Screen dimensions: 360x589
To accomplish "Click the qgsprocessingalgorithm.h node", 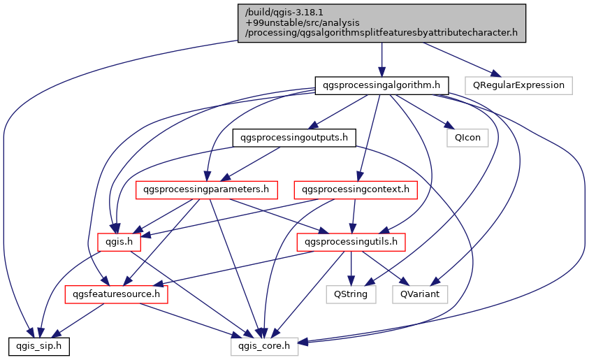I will click(x=381, y=85).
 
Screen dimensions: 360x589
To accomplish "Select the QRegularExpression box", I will click(x=519, y=85).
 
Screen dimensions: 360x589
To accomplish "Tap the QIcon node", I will click(x=467, y=138).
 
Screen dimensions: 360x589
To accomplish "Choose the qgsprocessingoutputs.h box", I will click(x=293, y=138).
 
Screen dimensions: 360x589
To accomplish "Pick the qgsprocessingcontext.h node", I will click(x=356, y=189).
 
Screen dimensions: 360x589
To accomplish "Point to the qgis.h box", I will click(x=119, y=242).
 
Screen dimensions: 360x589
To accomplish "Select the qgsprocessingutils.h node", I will click(x=351, y=242).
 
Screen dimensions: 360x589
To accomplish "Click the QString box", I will click(x=351, y=294).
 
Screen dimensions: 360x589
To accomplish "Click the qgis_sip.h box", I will click(x=38, y=345).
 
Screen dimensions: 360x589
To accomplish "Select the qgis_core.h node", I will click(x=265, y=345).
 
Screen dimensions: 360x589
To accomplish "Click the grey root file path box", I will click(x=381, y=22).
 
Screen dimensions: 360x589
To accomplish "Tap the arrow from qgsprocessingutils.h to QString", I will click(x=351, y=268).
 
